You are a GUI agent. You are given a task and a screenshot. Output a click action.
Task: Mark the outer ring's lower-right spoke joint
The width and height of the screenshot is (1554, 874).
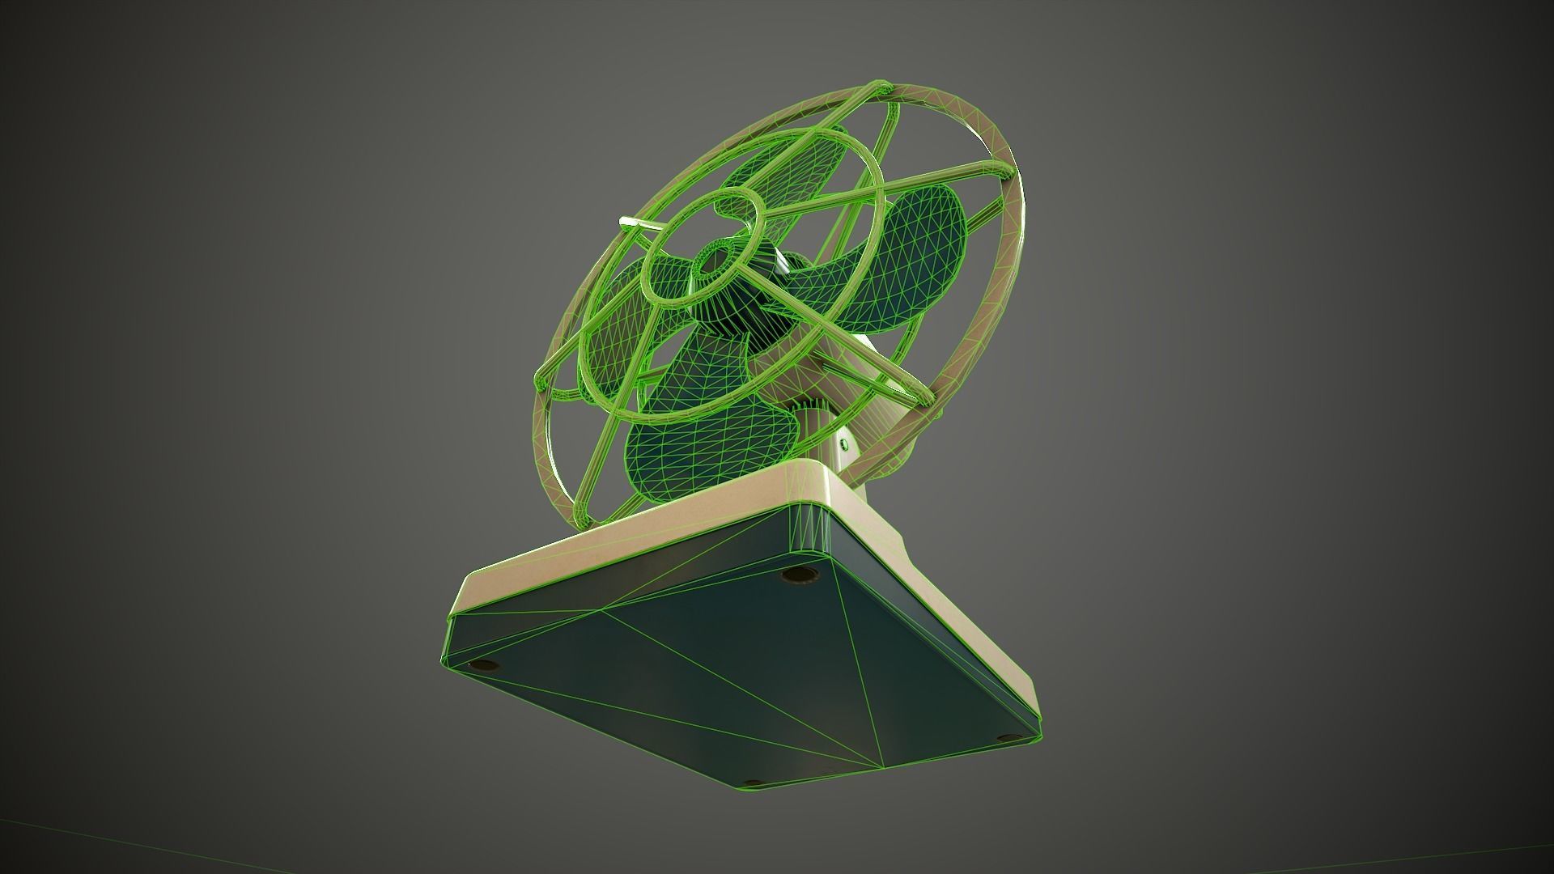tap(923, 398)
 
